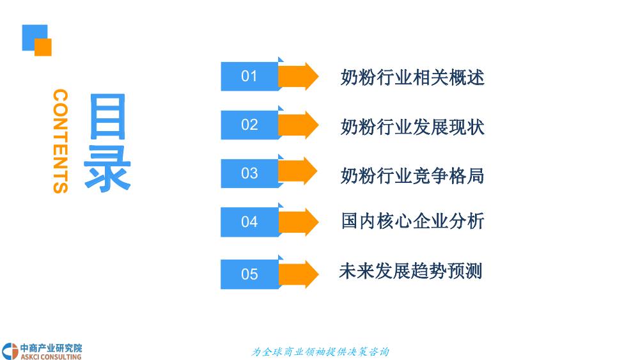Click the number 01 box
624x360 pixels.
click(x=249, y=77)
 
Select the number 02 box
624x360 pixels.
click(x=249, y=125)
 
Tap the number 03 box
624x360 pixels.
click(x=249, y=173)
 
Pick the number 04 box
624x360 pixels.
click(x=249, y=222)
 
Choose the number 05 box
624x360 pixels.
click(x=249, y=274)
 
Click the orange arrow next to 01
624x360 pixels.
click(x=299, y=77)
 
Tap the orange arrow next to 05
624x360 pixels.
click(x=299, y=274)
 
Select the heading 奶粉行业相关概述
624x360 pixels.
click(x=412, y=77)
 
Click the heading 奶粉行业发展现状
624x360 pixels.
click(x=412, y=126)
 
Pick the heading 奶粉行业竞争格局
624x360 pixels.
click(x=412, y=175)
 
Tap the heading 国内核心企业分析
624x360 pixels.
click(x=412, y=221)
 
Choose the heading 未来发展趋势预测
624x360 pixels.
click(x=410, y=271)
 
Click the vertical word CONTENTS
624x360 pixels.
click(x=60, y=141)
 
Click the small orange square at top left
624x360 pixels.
click(x=43, y=47)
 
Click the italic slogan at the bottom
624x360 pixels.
click(x=320, y=352)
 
